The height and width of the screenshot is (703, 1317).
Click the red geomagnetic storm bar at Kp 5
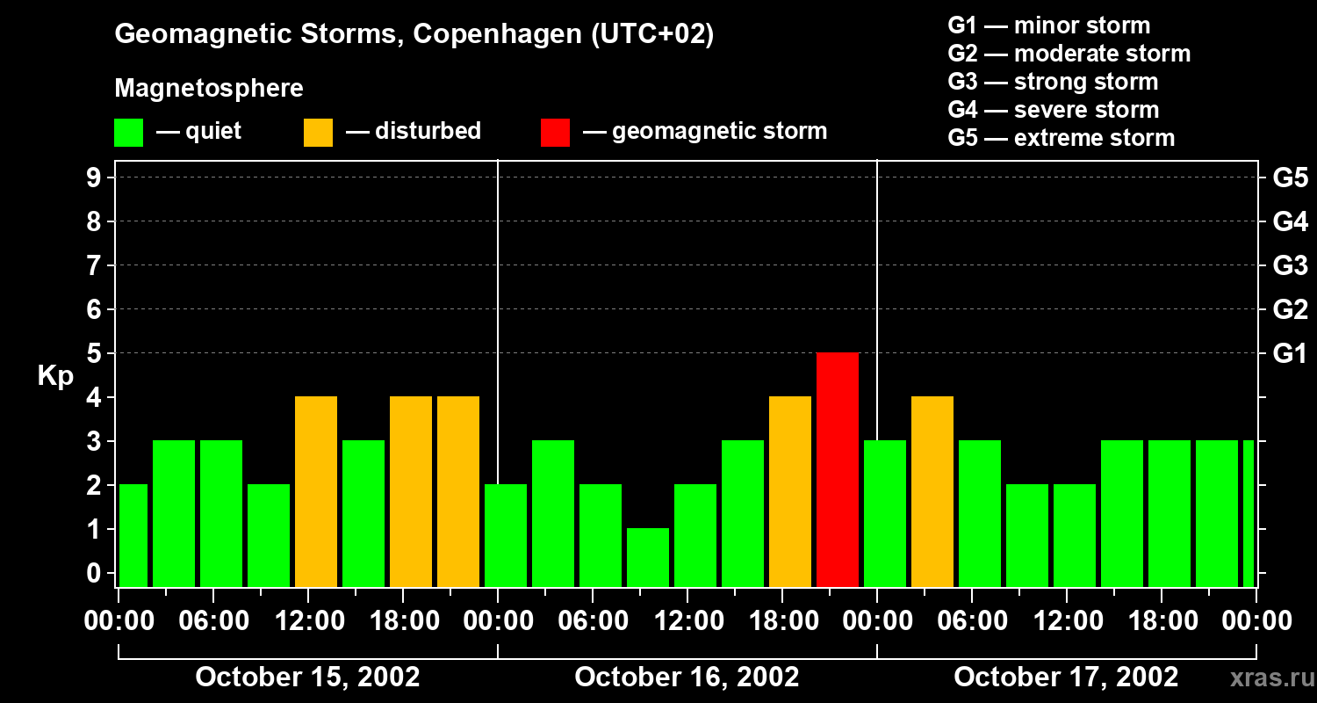click(x=838, y=469)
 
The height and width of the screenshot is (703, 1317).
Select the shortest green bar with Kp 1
click(x=648, y=557)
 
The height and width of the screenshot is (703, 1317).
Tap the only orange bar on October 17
click(x=932, y=491)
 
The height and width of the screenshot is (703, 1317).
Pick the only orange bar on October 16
click(x=790, y=491)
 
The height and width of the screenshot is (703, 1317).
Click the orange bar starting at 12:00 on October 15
click(x=316, y=491)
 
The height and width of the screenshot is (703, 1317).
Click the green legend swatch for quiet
click(x=128, y=133)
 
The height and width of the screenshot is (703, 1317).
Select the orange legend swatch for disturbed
click(x=318, y=133)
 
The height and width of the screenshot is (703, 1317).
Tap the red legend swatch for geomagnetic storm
click(x=555, y=133)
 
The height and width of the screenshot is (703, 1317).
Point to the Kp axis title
click(x=55, y=375)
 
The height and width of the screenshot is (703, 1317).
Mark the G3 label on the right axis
click(x=1290, y=265)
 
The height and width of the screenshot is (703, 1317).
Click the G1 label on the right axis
click(x=1290, y=353)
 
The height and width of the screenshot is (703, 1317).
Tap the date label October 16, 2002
click(x=687, y=677)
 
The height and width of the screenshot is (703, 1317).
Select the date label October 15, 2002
click(x=307, y=677)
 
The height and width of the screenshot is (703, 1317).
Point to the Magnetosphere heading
click(x=209, y=89)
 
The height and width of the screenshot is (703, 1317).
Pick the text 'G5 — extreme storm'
click(x=1061, y=138)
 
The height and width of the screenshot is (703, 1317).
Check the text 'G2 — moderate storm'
click(x=1069, y=54)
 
